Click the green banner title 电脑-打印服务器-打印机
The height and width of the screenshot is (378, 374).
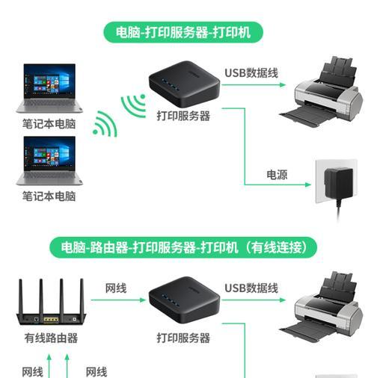point(183,32)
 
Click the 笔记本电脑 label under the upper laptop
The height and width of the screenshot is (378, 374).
point(49,124)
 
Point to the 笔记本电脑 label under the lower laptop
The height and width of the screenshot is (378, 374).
point(49,196)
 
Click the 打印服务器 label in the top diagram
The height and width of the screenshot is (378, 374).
point(183,116)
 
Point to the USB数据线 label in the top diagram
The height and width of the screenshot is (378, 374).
point(251,73)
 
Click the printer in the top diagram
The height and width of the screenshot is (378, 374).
point(322,92)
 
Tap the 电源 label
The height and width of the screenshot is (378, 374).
point(277,175)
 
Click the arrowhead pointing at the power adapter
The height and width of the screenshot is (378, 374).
point(308,185)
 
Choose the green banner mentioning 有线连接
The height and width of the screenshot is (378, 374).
point(183,248)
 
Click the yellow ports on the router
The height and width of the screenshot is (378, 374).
point(51,319)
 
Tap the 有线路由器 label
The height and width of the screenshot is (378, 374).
point(51,338)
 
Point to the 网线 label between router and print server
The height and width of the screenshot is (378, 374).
point(116,288)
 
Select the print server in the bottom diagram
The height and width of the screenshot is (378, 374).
point(184,300)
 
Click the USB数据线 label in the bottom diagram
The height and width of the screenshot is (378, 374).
point(251,288)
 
